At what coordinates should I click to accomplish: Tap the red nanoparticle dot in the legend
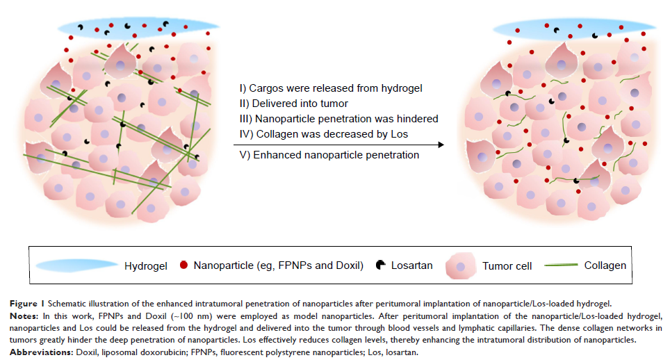point(183,265)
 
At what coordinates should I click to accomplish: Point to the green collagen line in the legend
point(559,265)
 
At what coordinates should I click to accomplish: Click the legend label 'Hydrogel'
point(146,265)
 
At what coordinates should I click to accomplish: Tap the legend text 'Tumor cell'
point(505,265)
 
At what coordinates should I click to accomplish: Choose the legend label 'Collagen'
point(605,265)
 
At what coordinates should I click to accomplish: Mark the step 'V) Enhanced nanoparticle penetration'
point(329,155)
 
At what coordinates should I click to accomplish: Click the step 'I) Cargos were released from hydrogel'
point(330,88)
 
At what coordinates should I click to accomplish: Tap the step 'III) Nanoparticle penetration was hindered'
point(338,118)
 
